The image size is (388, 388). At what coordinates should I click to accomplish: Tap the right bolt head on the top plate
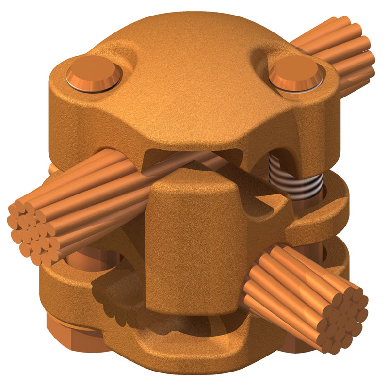(296, 74)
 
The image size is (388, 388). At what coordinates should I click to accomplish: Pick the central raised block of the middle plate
(187, 242)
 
